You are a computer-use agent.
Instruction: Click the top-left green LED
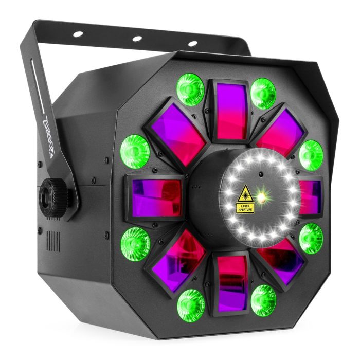click(191, 89)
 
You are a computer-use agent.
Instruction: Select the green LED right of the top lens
click(263, 93)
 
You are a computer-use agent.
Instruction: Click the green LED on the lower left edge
click(135, 243)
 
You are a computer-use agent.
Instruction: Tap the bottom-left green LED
click(191, 303)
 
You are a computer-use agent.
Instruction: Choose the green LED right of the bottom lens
click(263, 300)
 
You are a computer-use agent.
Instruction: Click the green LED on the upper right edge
click(311, 155)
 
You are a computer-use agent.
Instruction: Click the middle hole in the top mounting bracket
click(137, 39)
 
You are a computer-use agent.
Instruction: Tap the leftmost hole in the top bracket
click(78, 34)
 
